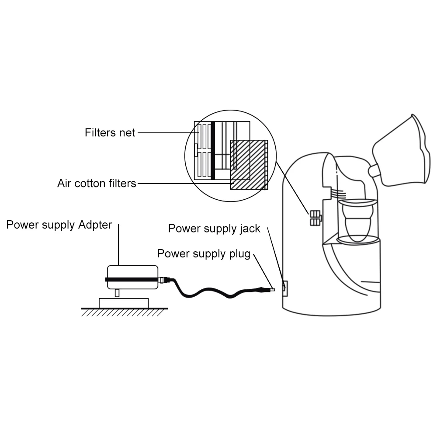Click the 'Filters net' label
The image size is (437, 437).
point(110,132)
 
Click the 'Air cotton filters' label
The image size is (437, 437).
point(97,183)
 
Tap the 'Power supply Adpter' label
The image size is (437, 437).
point(59,225)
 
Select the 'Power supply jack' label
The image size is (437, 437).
point(214,229)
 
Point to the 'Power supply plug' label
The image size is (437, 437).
point(204,254)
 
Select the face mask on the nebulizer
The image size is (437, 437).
point(401,151)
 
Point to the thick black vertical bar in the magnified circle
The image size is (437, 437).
point(213,150)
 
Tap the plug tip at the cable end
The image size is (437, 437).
point(272,289)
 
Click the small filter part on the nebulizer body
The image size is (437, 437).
point(315,218)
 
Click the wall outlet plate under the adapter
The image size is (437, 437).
point(124,302)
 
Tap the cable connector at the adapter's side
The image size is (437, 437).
point(165,280)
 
